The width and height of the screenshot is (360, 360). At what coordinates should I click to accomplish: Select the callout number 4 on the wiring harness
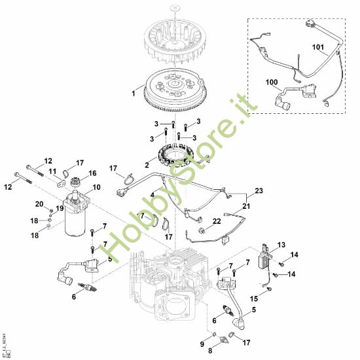pos(153,194)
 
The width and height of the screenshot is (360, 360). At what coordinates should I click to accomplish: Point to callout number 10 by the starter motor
pos(96,188)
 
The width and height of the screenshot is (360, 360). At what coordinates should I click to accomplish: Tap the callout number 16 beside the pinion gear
pos(92,173)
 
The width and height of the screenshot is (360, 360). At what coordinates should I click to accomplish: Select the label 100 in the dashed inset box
pos(272,82)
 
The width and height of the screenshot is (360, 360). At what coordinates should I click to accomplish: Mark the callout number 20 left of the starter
pos(39,204)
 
